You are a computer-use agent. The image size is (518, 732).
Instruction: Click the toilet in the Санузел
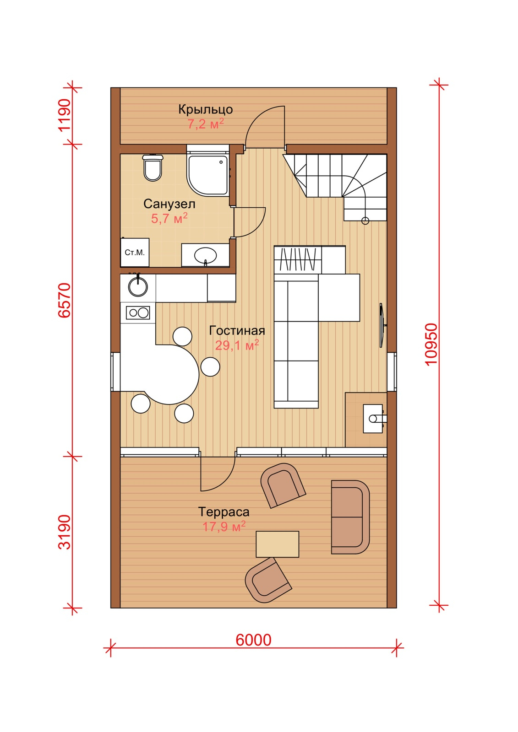pyautogui.click(x=153, y=167)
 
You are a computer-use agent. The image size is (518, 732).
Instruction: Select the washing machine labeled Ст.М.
pyautogui.click(x=135, y=252)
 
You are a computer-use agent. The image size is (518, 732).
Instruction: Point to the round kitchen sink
pyautogui.click(x=138, y=286)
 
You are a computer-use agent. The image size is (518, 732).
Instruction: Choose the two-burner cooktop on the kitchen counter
pyautogui.click(x=138, y=313)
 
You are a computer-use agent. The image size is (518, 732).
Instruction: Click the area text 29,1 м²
pyautogui.click(x=237, y=345)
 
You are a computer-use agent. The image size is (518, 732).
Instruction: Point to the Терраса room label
pyautogui.click(x=224, y=512)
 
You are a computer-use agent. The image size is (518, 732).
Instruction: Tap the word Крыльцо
pyautogui.click(x=206, y=109)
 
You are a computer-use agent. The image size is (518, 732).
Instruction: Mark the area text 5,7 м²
pyautogui.click(x=169, y=218)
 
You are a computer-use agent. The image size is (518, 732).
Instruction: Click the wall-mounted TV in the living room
pyautogui.click(x=382, y=325)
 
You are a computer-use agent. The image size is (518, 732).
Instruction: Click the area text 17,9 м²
pyautogui.click(x=224, y=527)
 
